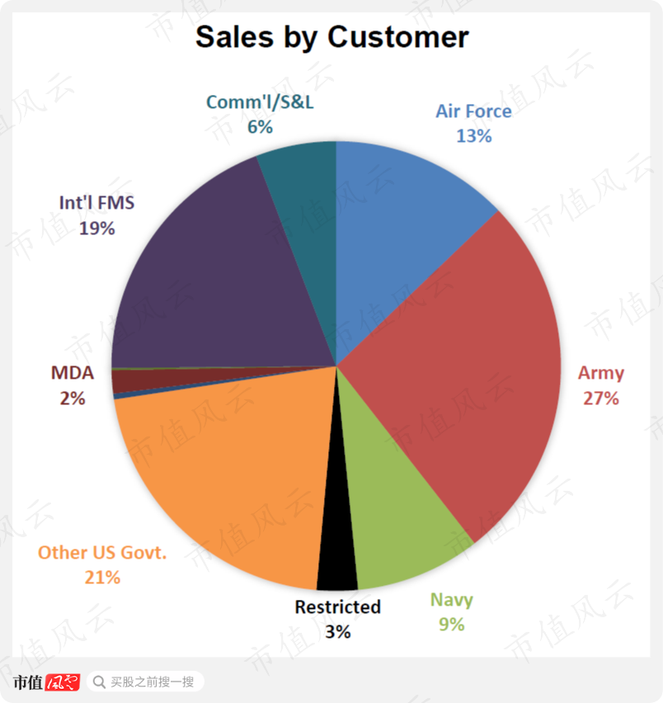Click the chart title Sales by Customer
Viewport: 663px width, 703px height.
click(331, 37)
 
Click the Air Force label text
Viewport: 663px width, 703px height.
click(473, 111)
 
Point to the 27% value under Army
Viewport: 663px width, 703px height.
click(600, 399)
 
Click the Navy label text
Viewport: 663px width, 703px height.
click(451, 599)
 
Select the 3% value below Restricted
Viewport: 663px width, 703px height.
click(337, 632)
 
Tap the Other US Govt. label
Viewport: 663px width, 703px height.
click(102, 552)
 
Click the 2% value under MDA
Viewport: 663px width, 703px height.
click(73, 398)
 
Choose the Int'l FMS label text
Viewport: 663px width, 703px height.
click(96, 202)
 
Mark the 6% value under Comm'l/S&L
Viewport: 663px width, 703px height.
click(260, 127)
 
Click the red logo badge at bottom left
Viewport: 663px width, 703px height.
click(63, 682)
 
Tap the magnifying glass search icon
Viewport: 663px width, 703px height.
click(99, 682)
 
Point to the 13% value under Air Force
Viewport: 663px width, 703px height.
click(473, 136)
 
